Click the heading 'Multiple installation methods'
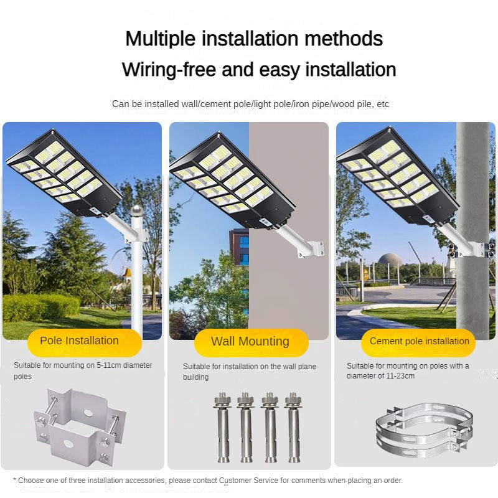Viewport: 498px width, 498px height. click(254, 39)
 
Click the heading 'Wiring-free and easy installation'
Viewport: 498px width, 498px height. click(259, 69)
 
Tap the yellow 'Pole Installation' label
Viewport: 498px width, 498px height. click(79, 341)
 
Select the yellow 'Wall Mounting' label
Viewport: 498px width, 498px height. click(250, 341)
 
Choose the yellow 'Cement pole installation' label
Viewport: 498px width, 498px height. click(419, 341)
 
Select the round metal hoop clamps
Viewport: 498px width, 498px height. click(423, 430)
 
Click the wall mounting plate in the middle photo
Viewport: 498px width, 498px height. click(315, 248)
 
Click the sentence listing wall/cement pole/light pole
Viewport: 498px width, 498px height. click(250, 104)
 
